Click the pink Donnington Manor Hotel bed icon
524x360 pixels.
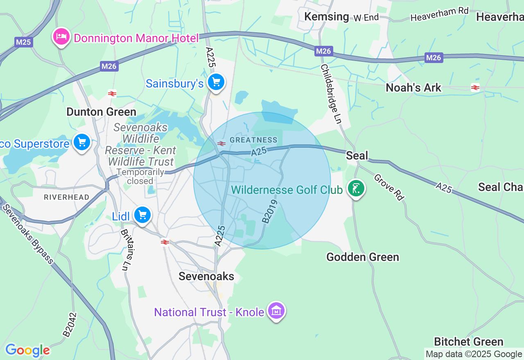(x=61, y=37)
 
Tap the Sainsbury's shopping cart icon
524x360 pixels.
(x=216, y=83)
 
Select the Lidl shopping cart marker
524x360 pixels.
(x=142, y=215)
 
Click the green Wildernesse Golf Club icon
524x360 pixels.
(x=356, y=189)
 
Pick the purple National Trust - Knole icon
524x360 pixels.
(x=276, y=311)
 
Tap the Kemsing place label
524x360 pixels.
(x=327, y=16)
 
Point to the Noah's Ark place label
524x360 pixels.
(x=413, y=88)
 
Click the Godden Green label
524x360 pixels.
(x=362, y=257)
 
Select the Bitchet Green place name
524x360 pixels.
(x=468, y=342)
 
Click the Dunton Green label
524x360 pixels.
(x=101, y=112)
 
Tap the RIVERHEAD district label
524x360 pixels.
(x=66, y=197)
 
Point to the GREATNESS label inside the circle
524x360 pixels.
(x=253, y=140)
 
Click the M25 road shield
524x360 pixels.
(x=23, y=42)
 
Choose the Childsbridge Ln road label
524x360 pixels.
(x=331, y=94)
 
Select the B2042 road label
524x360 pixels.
(x=70, y=325)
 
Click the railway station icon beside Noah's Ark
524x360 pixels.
(x=475, y=87)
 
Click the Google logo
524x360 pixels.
(x=27, y=351)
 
